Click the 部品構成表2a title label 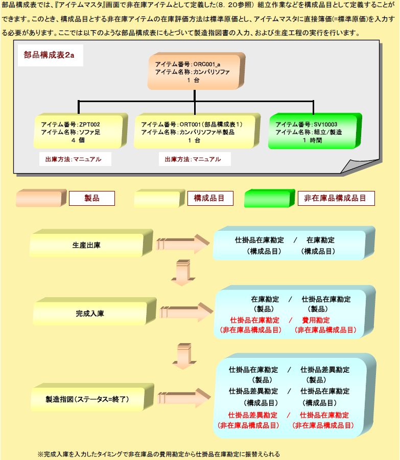50,55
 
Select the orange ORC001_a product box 196,71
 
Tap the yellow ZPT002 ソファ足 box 80,131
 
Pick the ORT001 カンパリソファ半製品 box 197,131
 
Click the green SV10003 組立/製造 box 315,131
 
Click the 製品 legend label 92,198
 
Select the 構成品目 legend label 210,198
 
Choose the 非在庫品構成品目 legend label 336,198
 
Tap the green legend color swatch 269,198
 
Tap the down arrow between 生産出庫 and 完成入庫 183,273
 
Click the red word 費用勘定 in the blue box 316,320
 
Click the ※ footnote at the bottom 159,454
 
